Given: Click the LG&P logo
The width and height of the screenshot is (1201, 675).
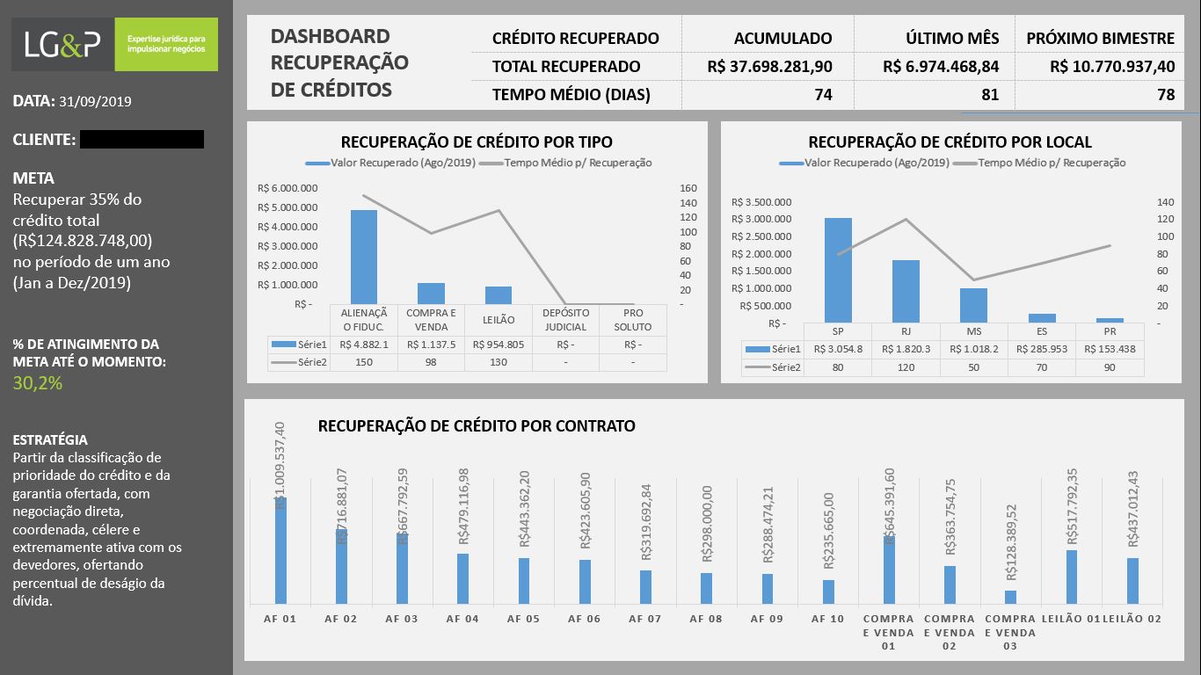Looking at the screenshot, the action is (115, 45).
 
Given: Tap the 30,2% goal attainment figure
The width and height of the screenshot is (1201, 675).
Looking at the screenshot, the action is (38, 383).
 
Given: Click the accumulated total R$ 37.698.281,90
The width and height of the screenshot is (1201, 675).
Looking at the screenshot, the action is (769, 67).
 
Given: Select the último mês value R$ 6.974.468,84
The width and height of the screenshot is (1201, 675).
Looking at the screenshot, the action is (941, 67).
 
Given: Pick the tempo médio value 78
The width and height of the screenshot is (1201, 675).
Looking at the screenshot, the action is (1166, 95).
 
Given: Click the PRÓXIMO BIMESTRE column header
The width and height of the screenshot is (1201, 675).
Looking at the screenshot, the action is (1100, 39).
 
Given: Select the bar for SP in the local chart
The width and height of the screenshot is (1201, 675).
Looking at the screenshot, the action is (838, 270).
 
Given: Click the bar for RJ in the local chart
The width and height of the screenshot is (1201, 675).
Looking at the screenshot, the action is (906, 292).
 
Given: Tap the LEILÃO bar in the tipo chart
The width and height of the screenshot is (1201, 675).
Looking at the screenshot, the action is (499, 295).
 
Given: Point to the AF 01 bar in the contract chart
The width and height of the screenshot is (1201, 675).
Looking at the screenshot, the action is (280, 550).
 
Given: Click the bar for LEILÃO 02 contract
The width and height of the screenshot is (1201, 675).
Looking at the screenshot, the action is (1132, 581).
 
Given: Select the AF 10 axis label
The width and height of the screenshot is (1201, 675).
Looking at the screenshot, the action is (828, 619).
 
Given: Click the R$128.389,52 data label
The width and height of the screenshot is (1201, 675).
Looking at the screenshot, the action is (1011, 542).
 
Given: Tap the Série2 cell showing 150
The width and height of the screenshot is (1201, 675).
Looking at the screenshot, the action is (363, 362).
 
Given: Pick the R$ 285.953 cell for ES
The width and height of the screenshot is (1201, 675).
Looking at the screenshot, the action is (1042, 349).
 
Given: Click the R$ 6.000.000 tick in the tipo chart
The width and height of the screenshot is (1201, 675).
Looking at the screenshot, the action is (288, 188).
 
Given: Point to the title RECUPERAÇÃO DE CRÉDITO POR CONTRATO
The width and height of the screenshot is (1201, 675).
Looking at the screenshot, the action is (477, 425).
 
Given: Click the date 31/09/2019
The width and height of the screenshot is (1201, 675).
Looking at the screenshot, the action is (95, 102).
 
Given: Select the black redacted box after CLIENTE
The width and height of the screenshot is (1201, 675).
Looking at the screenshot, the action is (142, 140).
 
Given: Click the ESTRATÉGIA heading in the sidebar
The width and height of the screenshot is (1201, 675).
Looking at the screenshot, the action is (50, 440).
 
